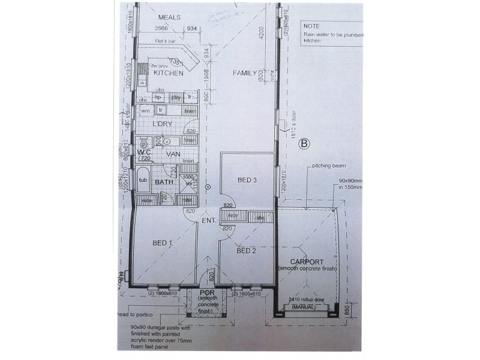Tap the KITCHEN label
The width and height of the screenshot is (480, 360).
tap(169, 73)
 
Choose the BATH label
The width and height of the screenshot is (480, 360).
tap(164, 182)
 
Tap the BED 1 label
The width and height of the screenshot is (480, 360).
tap(162, 243)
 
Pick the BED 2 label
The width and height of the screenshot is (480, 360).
tap(247, 251)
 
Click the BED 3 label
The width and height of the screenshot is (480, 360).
tap(247, 180)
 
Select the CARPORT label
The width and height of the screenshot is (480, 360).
tap(307, 262)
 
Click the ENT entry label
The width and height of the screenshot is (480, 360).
tap(209, 221)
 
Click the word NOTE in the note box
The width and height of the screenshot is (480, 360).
tap(312, 26)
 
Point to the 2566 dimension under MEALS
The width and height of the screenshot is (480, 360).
tap(161, 28)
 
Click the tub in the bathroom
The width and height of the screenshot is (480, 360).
tap(143, 180)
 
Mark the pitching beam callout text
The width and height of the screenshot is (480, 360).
tap(326, 166)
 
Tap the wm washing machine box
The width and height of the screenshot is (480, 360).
tap(145, 111)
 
